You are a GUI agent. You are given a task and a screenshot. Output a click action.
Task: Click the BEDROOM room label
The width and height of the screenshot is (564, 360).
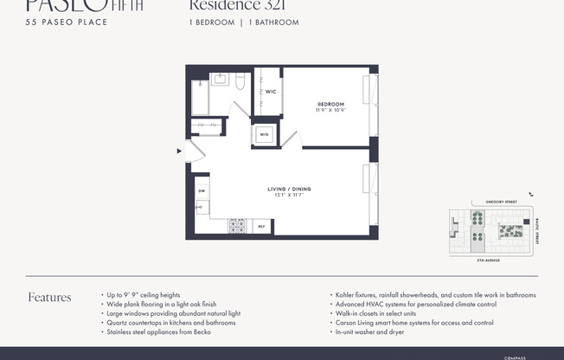coord(330,104)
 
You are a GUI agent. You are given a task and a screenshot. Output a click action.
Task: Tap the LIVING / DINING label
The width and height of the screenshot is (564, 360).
coord(289,189)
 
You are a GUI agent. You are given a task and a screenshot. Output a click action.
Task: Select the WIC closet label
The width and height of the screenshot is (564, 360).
coord(270,91)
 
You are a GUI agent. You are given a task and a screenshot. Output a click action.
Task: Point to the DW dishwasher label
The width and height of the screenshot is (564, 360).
coord(201,190)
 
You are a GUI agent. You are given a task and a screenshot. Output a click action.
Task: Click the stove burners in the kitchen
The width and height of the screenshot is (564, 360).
coord(237,226)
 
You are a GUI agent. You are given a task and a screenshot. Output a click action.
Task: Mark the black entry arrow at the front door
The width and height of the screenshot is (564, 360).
coord(179,151)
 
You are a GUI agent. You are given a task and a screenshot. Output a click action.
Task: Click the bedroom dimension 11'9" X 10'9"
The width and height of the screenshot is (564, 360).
coord(330,111)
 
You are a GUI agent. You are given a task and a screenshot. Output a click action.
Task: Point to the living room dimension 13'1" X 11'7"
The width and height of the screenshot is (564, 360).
coord(289,196)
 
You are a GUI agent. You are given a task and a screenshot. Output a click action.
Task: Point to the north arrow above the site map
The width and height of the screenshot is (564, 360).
coord(531,196)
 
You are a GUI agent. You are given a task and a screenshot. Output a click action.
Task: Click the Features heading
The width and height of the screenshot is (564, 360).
coord(49,298)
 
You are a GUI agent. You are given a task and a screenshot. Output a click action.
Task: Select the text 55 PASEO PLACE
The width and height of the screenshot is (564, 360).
coord(67,22)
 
